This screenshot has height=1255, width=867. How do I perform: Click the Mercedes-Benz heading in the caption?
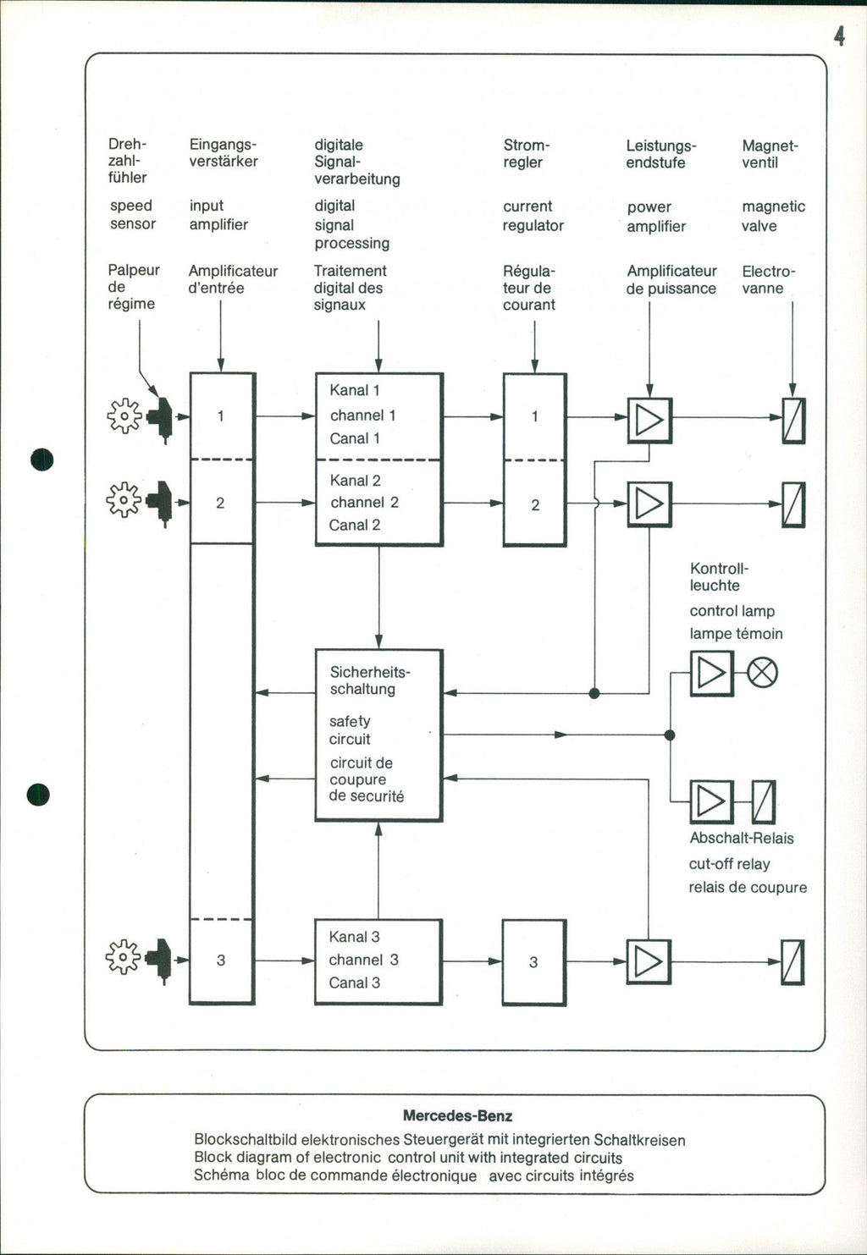click(x=457, y=1116)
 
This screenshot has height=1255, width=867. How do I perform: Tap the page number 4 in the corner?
click(x=838, y=36)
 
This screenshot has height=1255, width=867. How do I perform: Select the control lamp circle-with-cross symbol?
click(x=763, y=673)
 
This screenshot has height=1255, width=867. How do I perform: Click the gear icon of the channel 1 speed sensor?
click(x=124, y=416)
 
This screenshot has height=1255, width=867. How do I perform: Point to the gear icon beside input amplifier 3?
click(x=124, y=957)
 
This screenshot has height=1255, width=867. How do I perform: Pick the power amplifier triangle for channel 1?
click(x=649, y=420)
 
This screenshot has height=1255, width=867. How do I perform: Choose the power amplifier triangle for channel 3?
click(x=649, y=961)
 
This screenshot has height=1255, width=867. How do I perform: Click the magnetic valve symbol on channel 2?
click(x=793, y=504)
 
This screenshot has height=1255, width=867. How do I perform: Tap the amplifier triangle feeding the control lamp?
click(x=711, y=673)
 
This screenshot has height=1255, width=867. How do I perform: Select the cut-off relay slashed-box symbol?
click(x=764, y=801)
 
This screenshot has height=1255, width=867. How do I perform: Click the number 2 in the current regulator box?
click(x=535, y=505)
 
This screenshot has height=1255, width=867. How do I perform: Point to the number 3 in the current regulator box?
click(x=533, y=962)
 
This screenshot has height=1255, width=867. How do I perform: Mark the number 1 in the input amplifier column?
click(x=221, y=416)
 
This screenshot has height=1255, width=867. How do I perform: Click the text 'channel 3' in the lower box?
click(x=363, y=960)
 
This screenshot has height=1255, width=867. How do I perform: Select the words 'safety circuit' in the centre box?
click(x=350, y=729)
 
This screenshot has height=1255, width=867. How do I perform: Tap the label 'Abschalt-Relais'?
click(x=742, y=839)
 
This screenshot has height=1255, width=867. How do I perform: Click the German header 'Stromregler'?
click(x=526, y=153)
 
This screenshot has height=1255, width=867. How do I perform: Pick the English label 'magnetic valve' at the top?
click(x=772, y=216)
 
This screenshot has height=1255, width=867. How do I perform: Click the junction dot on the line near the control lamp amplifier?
click(x=670, y=735)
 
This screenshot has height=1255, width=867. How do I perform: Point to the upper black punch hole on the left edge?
click(x=41, y=460)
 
